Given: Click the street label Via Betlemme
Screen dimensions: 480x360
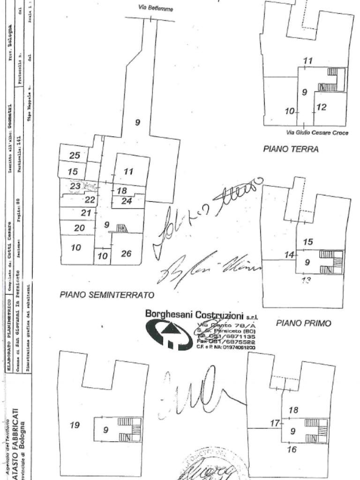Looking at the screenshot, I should [156, 8].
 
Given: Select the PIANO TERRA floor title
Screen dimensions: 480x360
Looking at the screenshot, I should [291, 149].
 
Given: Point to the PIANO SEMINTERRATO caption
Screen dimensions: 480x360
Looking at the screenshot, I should [107, 295].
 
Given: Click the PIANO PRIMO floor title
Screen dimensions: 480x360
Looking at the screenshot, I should [303, 323].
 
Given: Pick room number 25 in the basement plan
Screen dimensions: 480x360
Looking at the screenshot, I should [75, 156].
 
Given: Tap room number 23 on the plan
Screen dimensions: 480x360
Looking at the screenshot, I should [75, 186].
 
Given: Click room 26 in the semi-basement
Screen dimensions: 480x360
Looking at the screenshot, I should [126, 254].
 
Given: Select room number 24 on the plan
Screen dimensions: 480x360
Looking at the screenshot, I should [127, 202].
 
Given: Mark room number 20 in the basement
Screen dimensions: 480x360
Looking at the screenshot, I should [79, 228].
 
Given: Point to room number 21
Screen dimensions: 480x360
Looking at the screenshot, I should [86, 213].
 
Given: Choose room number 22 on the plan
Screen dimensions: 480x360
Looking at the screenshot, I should [90, 200].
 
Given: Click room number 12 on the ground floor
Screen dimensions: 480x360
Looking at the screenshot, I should [321, 107].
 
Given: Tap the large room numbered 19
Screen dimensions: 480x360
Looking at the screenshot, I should [75, 425].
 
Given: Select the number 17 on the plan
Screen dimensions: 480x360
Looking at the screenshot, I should [275, 423].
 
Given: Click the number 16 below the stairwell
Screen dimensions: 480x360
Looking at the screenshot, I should [292, 450].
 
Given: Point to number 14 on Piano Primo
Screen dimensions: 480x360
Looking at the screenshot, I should [290, 255].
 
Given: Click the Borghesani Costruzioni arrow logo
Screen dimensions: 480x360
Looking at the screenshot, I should [169, 333].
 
